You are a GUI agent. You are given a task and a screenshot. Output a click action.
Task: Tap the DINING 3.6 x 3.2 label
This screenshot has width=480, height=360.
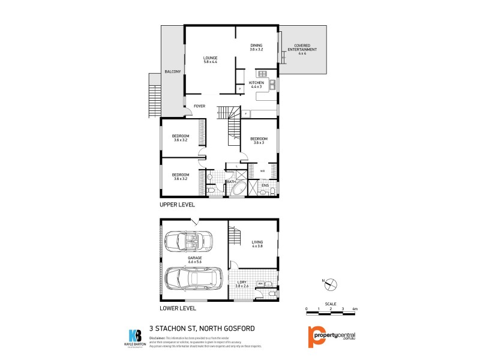[257, 47]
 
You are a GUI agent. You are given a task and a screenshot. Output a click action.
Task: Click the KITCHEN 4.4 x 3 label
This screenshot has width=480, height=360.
[257, 85]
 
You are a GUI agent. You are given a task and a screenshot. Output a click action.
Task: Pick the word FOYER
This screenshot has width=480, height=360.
[199, 106]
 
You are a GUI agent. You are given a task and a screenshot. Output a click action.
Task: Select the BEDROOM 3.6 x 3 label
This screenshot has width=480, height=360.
[258, 140]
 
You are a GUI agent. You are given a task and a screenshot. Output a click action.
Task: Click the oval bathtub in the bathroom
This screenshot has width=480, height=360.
[235, 190]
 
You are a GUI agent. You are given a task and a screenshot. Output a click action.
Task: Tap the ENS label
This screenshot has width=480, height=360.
[265, 186]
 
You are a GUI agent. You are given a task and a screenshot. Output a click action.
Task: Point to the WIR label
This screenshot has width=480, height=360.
[262, 171]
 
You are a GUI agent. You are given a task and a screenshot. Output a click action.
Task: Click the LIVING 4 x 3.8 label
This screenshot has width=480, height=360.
[257, 244]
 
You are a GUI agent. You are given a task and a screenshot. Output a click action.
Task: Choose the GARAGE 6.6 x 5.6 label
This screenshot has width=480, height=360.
[193, 259]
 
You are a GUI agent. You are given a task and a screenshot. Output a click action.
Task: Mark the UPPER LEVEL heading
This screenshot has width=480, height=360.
[177, 205]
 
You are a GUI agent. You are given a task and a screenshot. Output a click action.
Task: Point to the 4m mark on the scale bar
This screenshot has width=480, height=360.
[355, 308]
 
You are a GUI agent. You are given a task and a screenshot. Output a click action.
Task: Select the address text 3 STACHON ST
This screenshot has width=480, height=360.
[173, 328]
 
